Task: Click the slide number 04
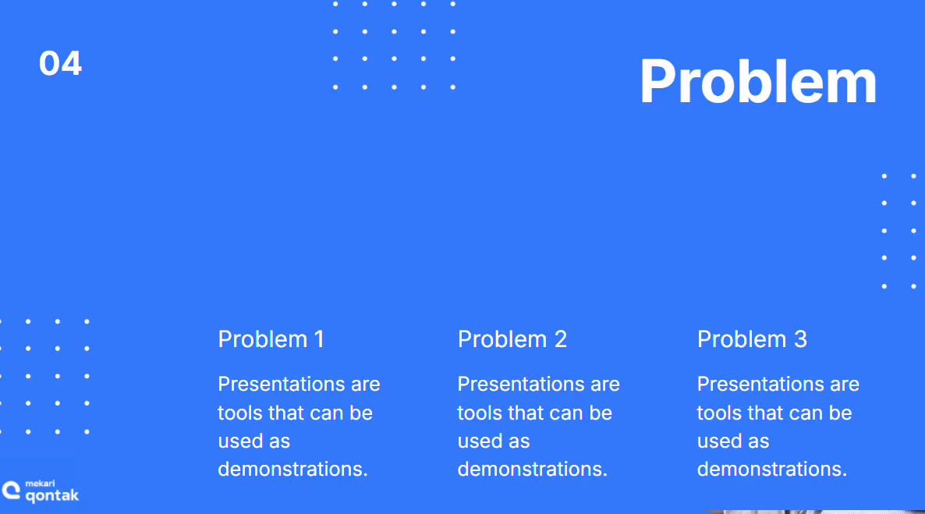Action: click(x=60, y=63)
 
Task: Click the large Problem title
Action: click(x=758, y=81)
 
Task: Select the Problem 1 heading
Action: click(x=271, y=339)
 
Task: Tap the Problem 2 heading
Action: click(x=512, y=339)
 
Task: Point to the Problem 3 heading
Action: click(x=752, y=339)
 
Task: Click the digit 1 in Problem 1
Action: click(x=319, y=339)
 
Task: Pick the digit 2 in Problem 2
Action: click(x=561, y=339)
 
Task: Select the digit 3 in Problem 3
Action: click(x=800, y=339)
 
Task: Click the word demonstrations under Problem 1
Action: click(x=292, y=469)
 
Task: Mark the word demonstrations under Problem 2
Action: click(x=532, y=469)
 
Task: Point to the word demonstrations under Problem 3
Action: click(x=771, y=469)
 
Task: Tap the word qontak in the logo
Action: click(x=52, y=496)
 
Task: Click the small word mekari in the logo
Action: click(x=40, y=484)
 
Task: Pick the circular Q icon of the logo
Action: click(x=11, y=491)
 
